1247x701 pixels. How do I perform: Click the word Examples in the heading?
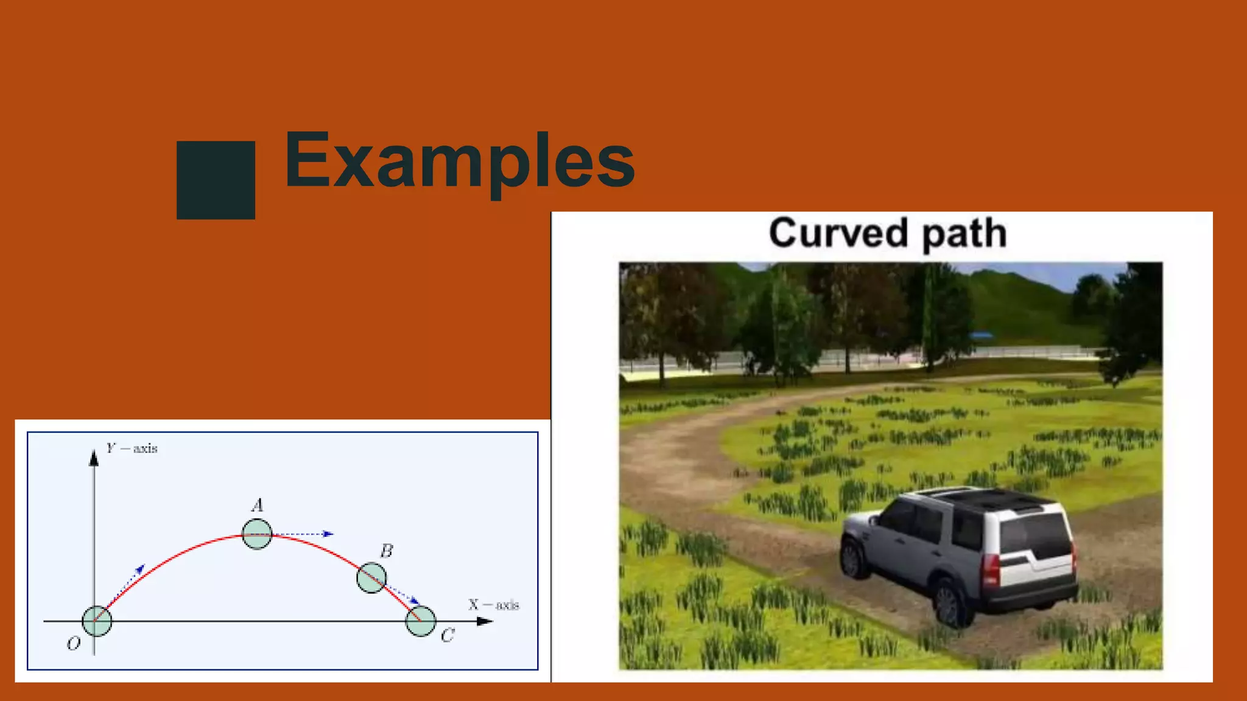[459, 161]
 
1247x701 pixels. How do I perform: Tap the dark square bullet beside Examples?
[216, 180]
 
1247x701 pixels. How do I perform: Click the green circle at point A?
[257, 534]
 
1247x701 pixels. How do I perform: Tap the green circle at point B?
[371, 577]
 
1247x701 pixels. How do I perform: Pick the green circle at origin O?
[97, 621]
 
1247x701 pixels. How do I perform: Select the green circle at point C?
[421, 621]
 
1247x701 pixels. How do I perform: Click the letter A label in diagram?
[258, 506]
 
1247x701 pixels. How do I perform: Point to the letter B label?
[386, 551]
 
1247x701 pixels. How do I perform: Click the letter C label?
[447, 636]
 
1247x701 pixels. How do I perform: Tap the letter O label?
[73, 643]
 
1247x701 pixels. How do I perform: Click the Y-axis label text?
[132, 449]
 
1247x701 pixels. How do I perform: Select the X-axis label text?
[493, 605]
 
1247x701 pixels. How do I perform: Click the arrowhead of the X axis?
[485, 621]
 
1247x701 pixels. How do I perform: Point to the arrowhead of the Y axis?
[94, 458]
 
